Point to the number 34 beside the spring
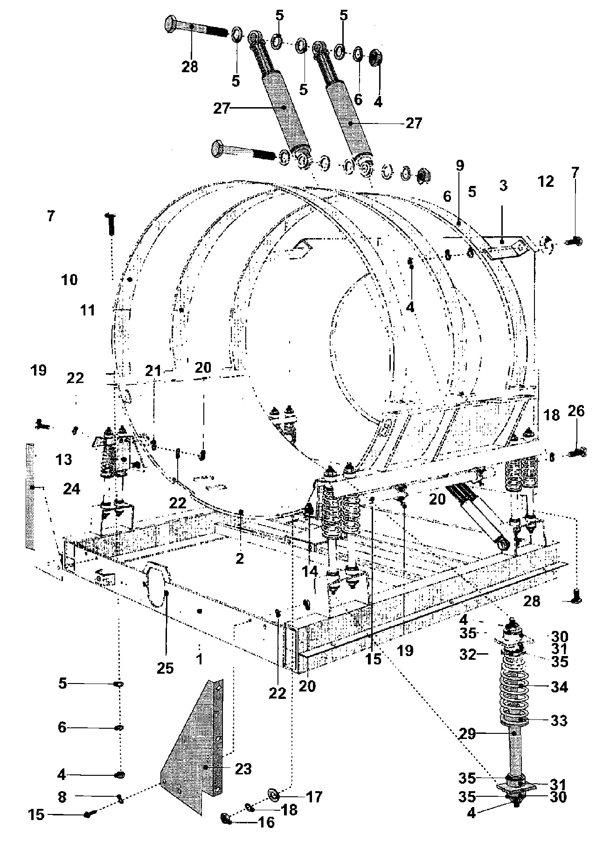tap(559, 687)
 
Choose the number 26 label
tap(576, 411)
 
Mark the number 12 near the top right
tap(546, 181)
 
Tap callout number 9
tap(460, 165)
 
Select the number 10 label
tap(69, 280)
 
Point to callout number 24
tap(72, 489)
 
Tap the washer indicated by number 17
tap(273, 793)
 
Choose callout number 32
tap(468, 655)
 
